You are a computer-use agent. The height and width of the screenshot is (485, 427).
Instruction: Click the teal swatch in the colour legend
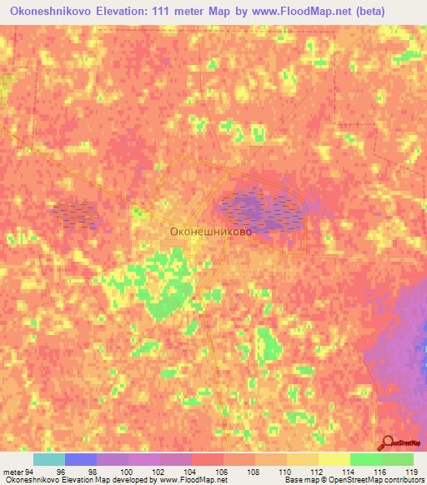coord(48,459)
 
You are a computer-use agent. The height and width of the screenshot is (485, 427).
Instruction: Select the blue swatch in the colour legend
coord(80,459)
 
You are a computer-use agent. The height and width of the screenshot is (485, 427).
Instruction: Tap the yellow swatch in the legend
coord(334,459)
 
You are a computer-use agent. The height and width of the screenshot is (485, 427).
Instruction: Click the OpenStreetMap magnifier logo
coord(387,443)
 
